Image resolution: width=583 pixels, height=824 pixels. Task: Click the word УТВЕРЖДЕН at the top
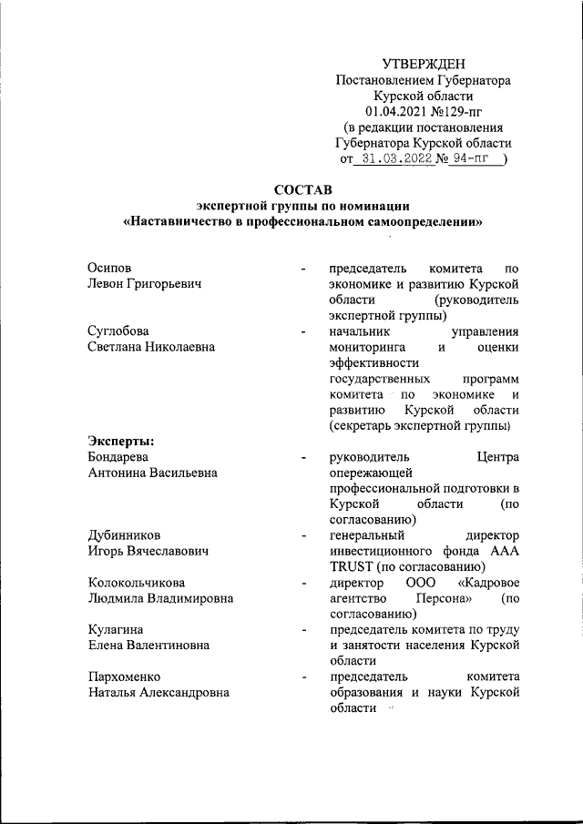coord(423,63)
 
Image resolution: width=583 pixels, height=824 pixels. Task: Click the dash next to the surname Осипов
coord(302,269)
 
